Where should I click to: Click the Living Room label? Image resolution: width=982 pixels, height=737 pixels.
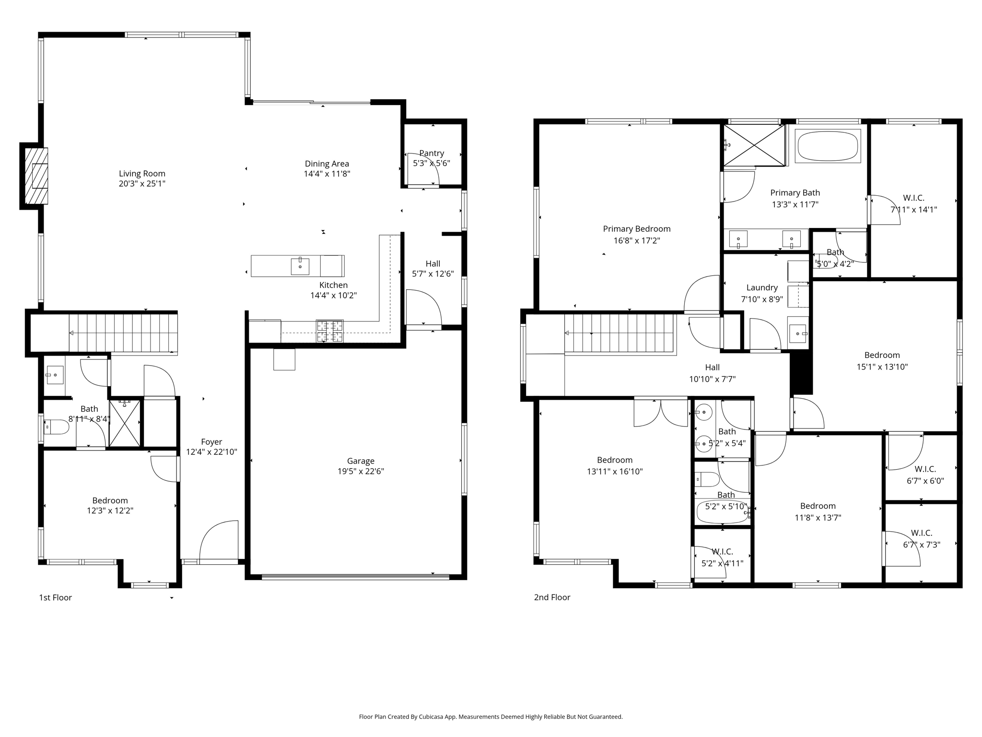(x=142, y=174)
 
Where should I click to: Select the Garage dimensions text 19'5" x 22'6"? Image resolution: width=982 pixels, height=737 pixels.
(x=361, y=471)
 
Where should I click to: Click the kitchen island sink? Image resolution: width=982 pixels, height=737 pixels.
(x=300, y=266)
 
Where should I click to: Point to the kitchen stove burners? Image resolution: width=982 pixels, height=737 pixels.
(x=330, y=331)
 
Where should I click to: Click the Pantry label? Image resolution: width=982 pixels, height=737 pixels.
(x=432, y=153)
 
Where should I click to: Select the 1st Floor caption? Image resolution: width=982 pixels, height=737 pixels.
(x=55, y=597)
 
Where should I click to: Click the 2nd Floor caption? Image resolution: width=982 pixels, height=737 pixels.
(x=552, y=597)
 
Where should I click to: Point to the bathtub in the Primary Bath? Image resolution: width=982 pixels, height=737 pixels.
(x=828, y=146)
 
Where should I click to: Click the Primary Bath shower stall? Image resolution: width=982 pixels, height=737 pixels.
(x=754, y=145)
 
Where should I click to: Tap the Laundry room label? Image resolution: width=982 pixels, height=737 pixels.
(x=762, y=287)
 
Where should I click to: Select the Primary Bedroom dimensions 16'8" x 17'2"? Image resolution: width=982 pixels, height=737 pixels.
(x=637, y=241)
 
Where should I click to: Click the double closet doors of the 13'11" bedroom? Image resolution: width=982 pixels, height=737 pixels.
(x=661, y=413)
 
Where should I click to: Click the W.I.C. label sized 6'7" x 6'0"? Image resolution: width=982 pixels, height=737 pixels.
(x=925, y=469)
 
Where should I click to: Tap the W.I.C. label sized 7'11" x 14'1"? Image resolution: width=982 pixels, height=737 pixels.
(x=913, y=198)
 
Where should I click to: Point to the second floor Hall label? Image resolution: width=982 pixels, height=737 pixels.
(x=712, y=368)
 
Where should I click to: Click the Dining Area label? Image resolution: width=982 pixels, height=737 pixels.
(x=327, y=164)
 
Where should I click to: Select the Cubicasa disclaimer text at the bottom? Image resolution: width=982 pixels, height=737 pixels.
(x=491, y=717)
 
